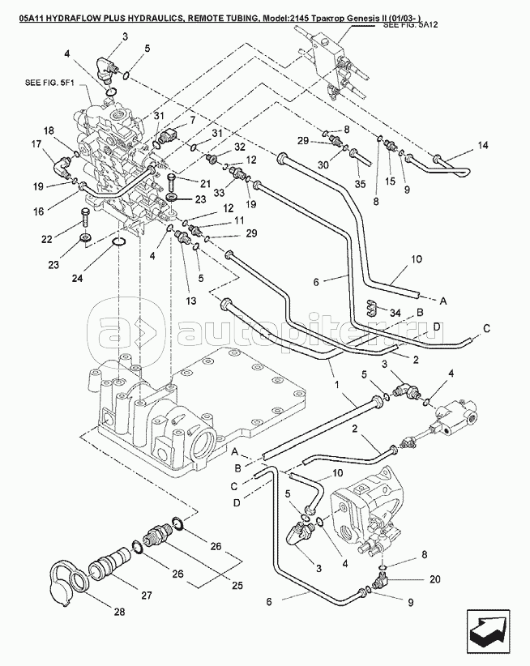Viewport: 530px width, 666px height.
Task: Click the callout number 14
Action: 484,147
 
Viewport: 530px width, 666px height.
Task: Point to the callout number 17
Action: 36,145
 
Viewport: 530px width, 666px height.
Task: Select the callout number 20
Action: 434,579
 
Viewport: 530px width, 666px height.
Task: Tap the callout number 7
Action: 193,121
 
